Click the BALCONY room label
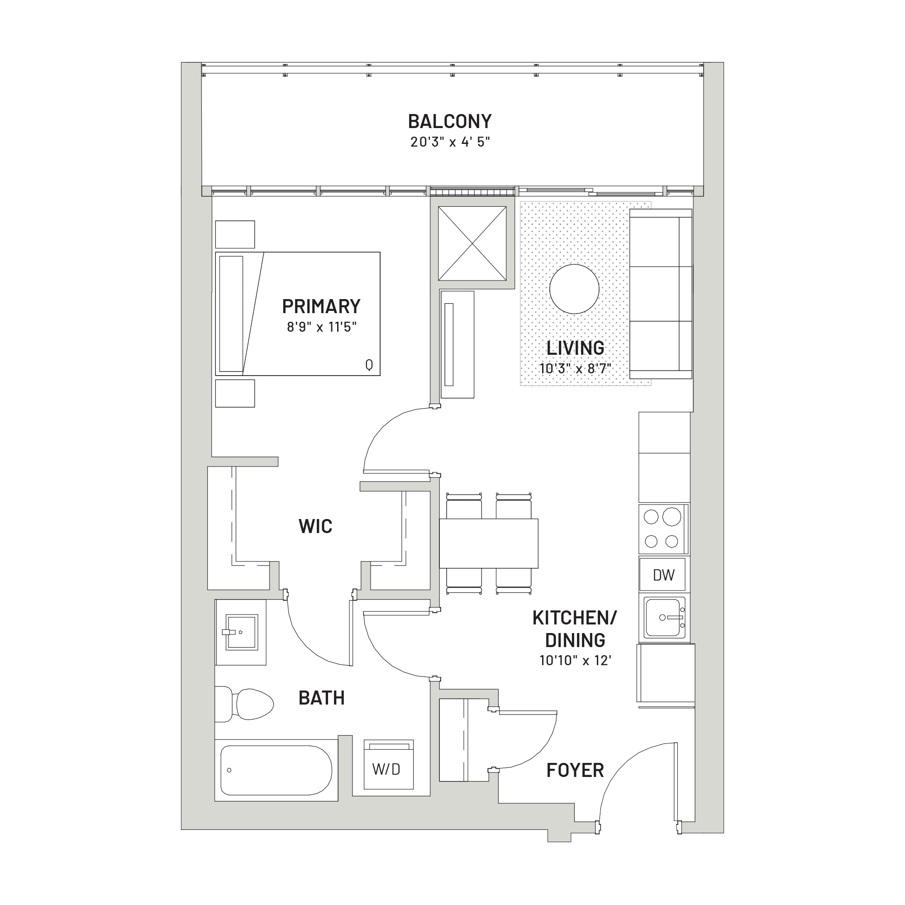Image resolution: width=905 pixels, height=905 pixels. click(x=450, y=121)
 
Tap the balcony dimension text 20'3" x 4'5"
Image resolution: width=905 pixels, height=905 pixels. click(x=450, y=142)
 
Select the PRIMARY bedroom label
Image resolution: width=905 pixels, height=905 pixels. click(x=321, y=306)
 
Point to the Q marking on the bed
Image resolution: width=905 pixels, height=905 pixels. click(x=369, y=364)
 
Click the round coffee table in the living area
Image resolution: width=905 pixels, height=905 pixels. click(x=574, y=289)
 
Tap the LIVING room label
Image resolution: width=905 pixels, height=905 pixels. click(x=575, y=348)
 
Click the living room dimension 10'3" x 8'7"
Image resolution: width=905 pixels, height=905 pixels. click(x=575, y=368)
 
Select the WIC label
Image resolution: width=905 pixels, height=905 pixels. click(x=315, y=527)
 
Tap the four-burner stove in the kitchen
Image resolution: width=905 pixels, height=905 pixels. click(x=664, y=529)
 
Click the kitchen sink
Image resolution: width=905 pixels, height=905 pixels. click(x=664, y=617)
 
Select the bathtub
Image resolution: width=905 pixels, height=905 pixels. click(x=276, y=771)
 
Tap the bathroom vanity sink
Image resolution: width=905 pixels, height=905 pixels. click(x=241, y=633)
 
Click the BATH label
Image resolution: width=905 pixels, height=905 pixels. click(x=321, y=698)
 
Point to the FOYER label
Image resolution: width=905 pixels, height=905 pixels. click(x=575, y=771)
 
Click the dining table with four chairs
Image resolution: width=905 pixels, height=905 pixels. click(x=489, y=543)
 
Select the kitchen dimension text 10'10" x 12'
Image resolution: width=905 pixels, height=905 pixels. click(x=575, y=661)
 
